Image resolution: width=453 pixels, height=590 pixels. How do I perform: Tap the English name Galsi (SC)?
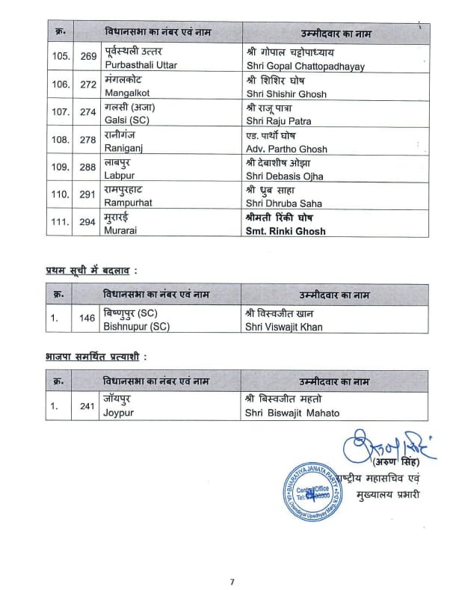tap(128, 120)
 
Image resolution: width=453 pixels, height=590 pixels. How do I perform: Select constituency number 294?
tap(87, 224)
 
